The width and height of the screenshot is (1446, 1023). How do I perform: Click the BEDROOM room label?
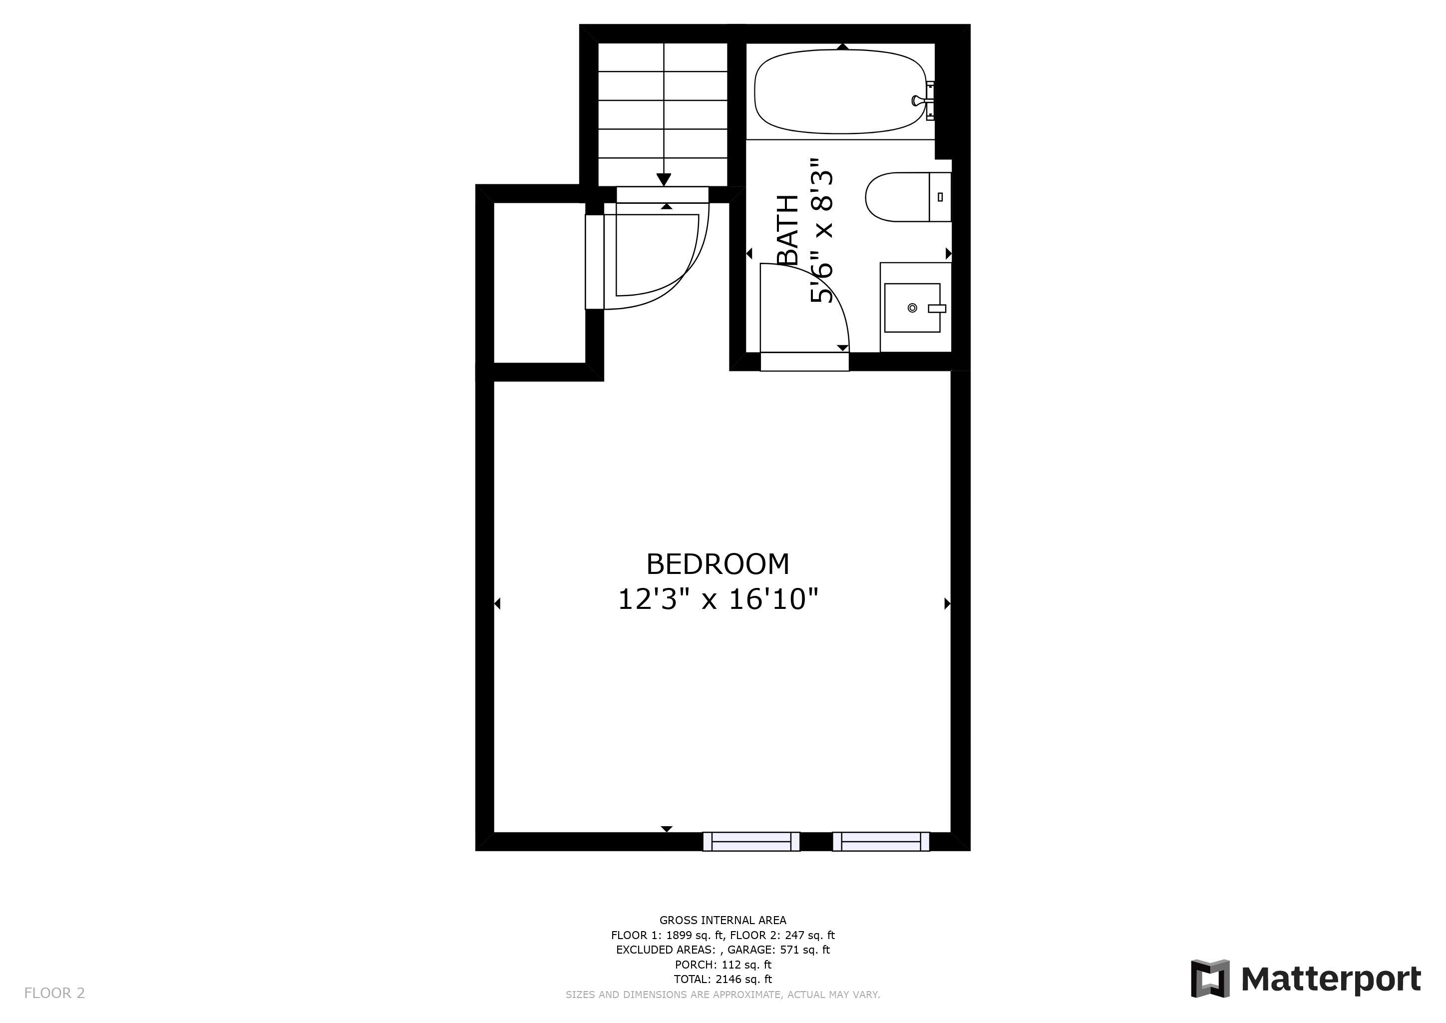pos(718,564)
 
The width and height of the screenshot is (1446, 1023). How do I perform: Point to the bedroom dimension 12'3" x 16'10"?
pos(718,598)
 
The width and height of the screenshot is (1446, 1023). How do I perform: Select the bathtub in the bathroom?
pos(841,92)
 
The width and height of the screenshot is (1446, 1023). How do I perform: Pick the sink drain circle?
pos(912,308)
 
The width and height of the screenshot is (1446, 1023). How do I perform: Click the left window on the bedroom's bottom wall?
pos(751,842)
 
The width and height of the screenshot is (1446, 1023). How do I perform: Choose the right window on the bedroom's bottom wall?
pos(881,842)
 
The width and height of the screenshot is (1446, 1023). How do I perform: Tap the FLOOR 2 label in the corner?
pos(54,994)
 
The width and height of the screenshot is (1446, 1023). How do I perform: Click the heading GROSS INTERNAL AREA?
pos(723,920)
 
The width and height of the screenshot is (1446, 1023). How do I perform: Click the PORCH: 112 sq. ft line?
pos(723,965)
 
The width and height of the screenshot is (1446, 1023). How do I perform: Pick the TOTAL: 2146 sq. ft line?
pos(723,980)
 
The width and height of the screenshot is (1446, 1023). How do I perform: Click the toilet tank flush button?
pos(940,196)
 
